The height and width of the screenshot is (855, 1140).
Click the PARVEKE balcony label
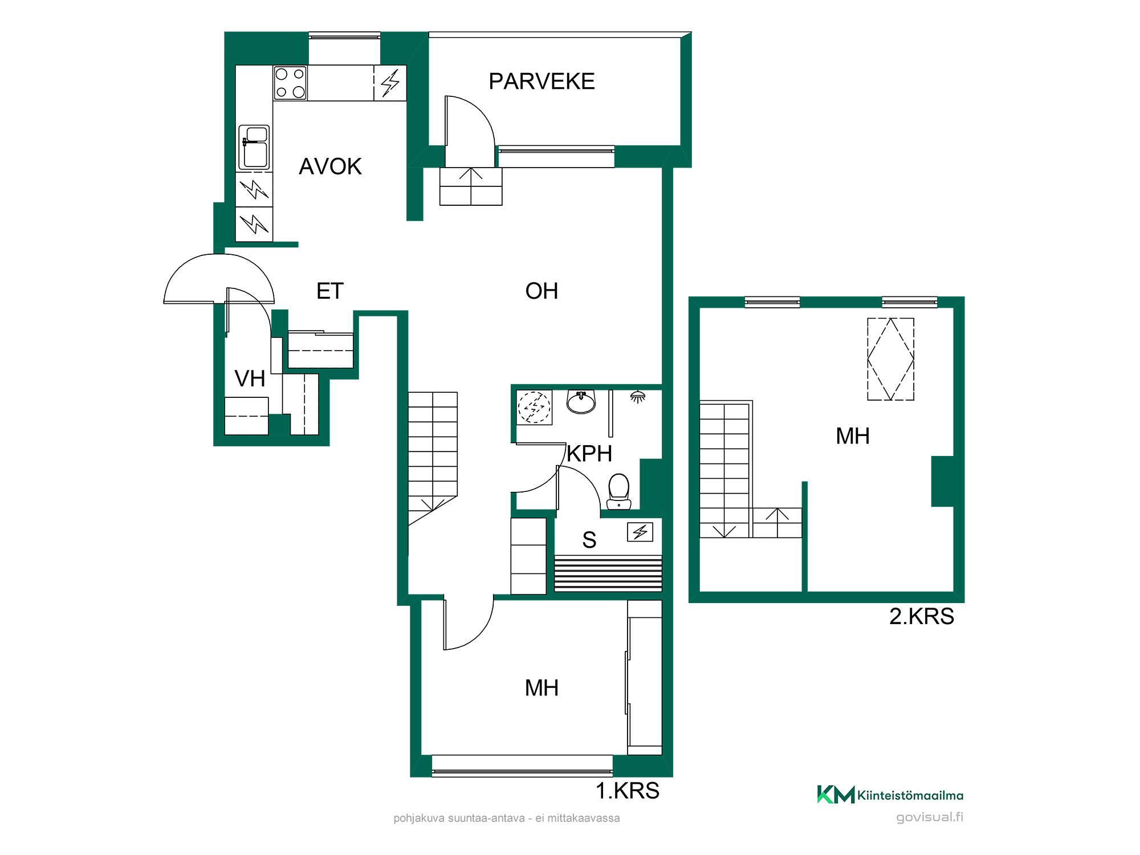click(x=541, y=82)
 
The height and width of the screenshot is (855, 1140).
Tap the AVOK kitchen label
click(x=330, y=166)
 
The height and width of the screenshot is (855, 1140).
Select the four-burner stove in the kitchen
click(x=290, y=83)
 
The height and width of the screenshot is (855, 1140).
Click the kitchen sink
click(x=254, y=147)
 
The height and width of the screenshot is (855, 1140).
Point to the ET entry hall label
click(x=330, y=291)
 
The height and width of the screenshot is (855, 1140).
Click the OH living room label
click(x=541, y=291)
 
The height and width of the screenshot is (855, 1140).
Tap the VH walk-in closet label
click(x=250, y=378)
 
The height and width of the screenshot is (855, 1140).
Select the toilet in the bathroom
click(x=618, y=491)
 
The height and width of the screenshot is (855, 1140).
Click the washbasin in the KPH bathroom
click(x=581, y=401)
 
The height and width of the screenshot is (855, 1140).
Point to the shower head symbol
click(x=638, y=397)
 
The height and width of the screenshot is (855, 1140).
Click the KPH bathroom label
click(x=589, y=454)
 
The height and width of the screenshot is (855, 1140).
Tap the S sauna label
click(x=589, y=540)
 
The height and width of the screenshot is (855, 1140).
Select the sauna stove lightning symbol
click(x=640, y=532)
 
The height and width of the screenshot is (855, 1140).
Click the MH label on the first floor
click(x=541, y=688)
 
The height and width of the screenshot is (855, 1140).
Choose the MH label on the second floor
click(x=853, y=436)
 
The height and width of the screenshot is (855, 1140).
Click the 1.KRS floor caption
click(x=628, y=791)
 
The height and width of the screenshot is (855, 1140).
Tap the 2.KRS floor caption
click(x=922, y=616)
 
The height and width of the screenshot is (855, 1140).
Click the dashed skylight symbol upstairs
click(x=891, y=359)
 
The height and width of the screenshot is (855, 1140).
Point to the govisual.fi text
click(x=930, y=817)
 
